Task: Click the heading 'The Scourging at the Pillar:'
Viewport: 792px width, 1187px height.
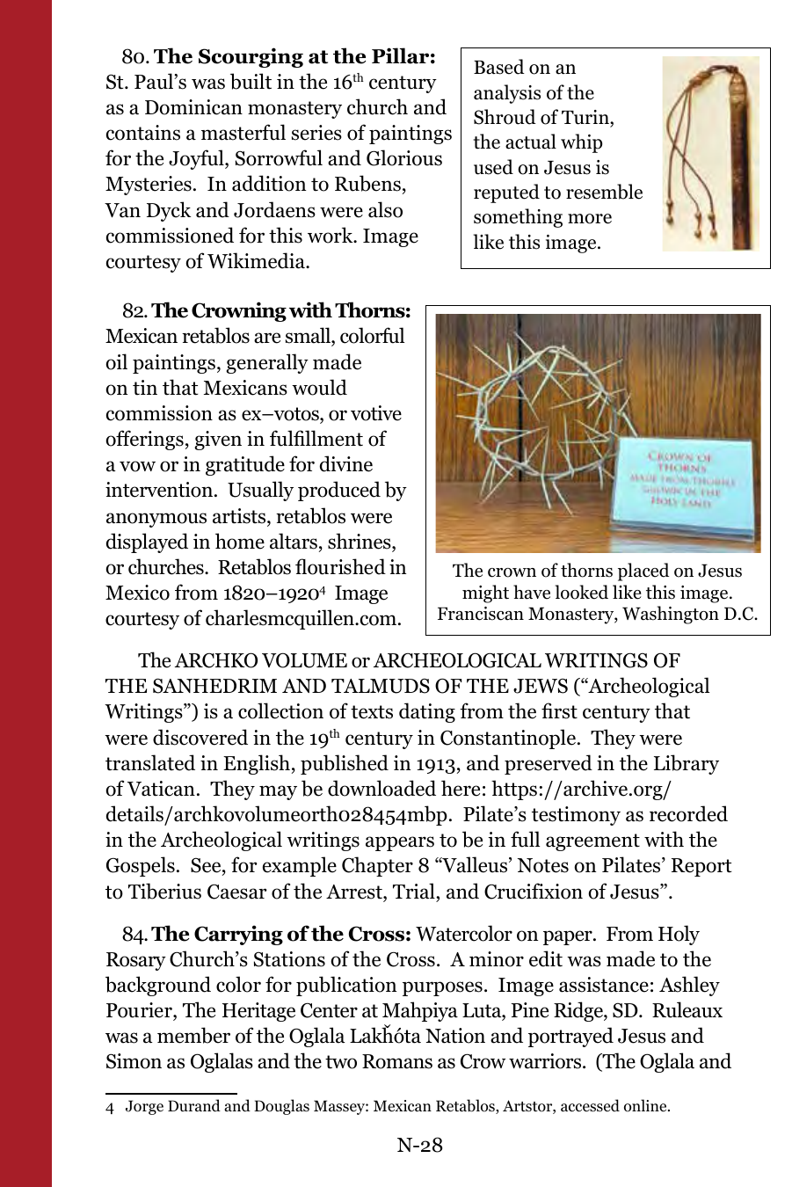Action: tap(294, 57)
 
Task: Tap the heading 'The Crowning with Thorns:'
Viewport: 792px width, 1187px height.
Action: tap(280, 311)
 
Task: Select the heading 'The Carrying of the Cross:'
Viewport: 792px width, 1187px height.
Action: tap(281, 935)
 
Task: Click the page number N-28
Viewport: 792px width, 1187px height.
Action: tap(419, 1145)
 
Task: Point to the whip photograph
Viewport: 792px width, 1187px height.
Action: tap(709, 154)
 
